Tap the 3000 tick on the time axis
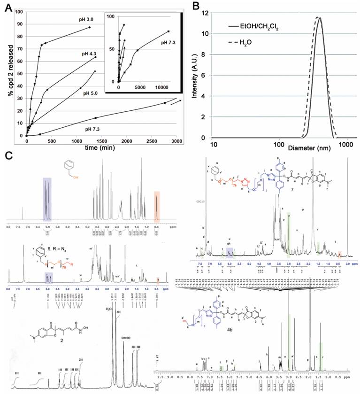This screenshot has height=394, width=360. point(176,141)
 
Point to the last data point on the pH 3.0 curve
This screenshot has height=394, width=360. point(90,27)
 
